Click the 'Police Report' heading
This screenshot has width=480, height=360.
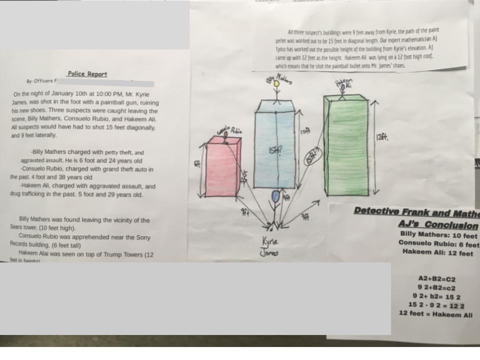click(x=87, y=74)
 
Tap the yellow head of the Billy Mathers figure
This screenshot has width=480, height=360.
click(x=276, y=83)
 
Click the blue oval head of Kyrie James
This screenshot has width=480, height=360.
click(x=275, y=196)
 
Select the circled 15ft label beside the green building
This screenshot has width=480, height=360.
click(x=311, y=157)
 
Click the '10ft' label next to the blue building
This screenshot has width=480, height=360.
click(x=305, y=131)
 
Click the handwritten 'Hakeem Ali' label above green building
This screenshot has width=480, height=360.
click(x=344, y=83)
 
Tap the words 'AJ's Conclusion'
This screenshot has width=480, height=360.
click(x=438, y=225)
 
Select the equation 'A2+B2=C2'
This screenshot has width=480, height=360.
click(x=436, y=279)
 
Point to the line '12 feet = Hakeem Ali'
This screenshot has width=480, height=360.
click(x=435, y=314)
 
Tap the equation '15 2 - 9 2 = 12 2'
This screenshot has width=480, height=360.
click(x=436, y=305)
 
